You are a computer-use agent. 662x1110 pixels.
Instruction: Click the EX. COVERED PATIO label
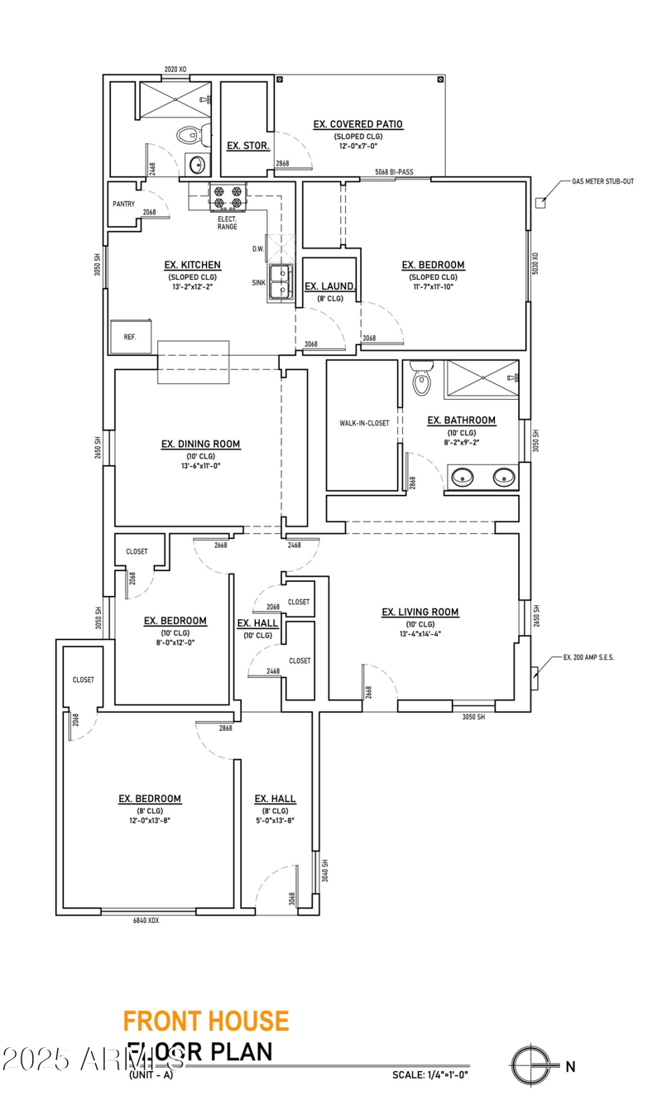coord(357,124)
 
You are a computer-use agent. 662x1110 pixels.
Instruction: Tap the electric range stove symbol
coord(228,197)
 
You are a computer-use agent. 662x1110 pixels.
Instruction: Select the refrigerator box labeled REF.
coord(130,337)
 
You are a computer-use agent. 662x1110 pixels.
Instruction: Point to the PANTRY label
coord(123,204)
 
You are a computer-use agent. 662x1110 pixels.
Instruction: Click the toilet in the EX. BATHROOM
coord(422,378)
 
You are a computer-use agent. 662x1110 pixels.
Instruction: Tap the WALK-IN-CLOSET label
coord(364,423)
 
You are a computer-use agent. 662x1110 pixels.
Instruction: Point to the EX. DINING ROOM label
coord(200,444)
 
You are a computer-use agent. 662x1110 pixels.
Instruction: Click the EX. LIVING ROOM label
coord(420,613)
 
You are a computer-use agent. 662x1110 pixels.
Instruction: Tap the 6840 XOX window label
coord(146,920)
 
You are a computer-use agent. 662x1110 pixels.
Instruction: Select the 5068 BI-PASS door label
coord(394,172)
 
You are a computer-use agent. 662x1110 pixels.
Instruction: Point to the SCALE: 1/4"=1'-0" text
coord(430,1075)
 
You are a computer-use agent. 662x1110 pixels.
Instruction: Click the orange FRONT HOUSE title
coord(206,1021)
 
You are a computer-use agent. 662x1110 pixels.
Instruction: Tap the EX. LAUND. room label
coord(329,287)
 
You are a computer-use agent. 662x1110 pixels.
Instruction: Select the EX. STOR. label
coord(242,146)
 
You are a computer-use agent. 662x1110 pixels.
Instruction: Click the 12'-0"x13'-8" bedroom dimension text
coord(149,820)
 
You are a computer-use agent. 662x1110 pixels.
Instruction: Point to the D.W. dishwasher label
coord(258,248)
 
